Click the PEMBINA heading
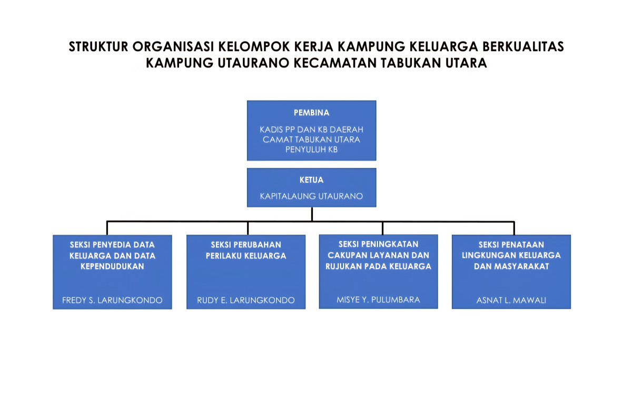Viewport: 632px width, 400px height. pyautogui.click(x=311, y=113)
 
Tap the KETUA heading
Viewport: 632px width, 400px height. pyautogui.click(x=311, y=180)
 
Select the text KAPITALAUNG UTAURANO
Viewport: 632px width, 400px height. pyautogui.click(x=311, y=196)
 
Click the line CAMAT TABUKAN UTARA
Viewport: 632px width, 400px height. pyautogui.click(x=311, y=139)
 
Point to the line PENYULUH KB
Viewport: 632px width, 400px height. pyautogui.click(x=311, y=149)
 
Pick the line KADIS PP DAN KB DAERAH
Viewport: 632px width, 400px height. pyautogui.click(x=311, y=129)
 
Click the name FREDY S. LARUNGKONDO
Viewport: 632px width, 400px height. pyautogui.click(x=112, y=301)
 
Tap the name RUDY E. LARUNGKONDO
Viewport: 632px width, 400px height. pyautogui.click(x=246, y=301)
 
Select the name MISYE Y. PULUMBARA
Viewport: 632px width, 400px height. pyautogui.click(x=378, y=299)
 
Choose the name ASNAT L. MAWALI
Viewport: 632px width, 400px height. pyautogui.click(x=511, y=301)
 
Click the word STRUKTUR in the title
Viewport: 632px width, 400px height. pyautogui.click(x=98, y=47)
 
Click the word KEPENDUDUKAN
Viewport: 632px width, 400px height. pyautogui.click(x=112, y=266)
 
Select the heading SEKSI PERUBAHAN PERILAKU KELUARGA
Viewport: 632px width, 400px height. pyautogui.click(x=246, y=250)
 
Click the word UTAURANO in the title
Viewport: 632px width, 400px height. pyautogui.click(x=249, y=63)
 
